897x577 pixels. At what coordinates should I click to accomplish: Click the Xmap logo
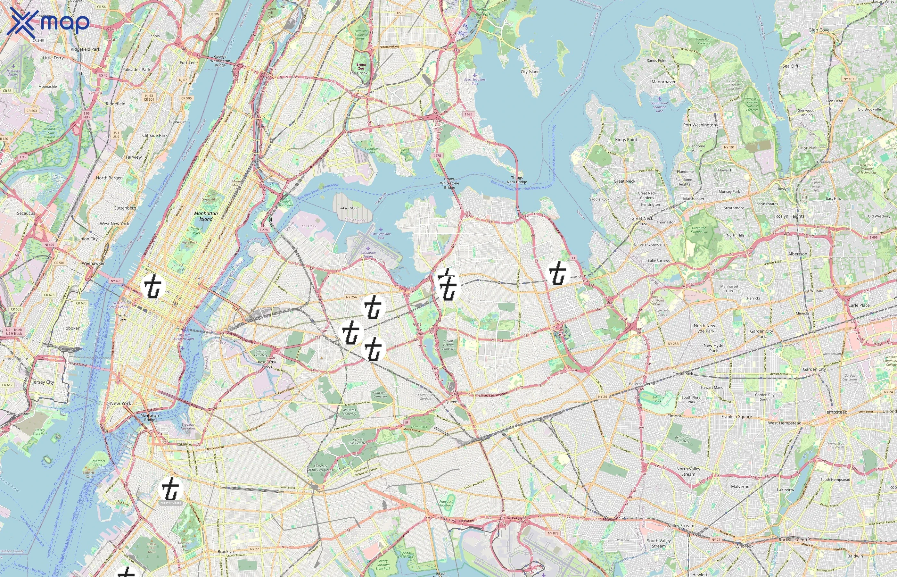pyautogui.click(x=48, y=22)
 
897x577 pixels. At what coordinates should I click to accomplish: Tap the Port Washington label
pyautogui.click(x=699, y=125)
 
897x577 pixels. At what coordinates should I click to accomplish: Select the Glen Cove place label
pyautogui.click(x=819, y=30)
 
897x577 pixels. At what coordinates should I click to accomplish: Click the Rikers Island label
pyautogui.click(x=349, y=208)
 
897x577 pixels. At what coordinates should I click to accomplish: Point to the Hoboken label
pyautogui.click(x=71, y=328)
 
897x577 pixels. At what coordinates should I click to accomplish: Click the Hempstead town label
pyautogui.click(x=835, y=412)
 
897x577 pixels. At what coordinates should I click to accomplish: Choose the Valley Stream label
pyautogui.click(x=681, y=526)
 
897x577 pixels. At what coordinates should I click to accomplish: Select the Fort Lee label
pyautogui.click(x=187, y=63)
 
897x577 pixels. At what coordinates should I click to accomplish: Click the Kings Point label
pyautogui.click(x=626, y=140)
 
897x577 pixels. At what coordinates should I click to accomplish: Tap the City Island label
pyautogui.click(x=530, y=71)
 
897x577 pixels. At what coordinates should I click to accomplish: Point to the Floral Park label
pyautogui.click(x=682, y=374)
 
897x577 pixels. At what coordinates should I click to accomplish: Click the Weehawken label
pyautogui.click(x=94, y=263)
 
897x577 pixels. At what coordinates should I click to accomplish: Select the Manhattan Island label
pyautogui.click(x=206, y=216)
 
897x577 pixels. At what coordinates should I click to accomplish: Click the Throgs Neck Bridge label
pyautogui.click(x=517, y=180)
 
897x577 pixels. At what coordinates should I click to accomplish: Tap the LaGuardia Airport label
pyautogui.click(x=368, y=255)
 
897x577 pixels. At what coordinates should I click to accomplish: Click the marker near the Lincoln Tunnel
pyautogui.click(x=153, y=286)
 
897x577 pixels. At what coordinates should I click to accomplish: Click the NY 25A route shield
pyautogui.click(x=351, y=297)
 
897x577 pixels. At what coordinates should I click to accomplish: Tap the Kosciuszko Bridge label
pyautogui.click(x=267, y=364)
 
